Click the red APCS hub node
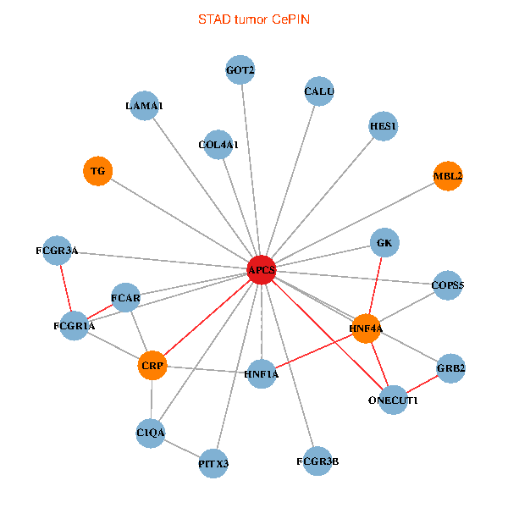261,269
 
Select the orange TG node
98,171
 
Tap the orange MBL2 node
448,176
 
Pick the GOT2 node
240,70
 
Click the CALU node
319,91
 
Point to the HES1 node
384,127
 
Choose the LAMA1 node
144,106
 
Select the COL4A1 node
218,145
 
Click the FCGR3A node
57,251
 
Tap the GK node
385,244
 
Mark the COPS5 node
448,285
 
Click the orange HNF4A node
367,328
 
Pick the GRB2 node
451,368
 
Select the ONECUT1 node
394,400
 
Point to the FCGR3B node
317,461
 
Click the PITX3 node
213,463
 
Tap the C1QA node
151,433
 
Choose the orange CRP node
153,366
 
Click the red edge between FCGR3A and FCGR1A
66,288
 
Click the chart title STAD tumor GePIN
254,19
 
